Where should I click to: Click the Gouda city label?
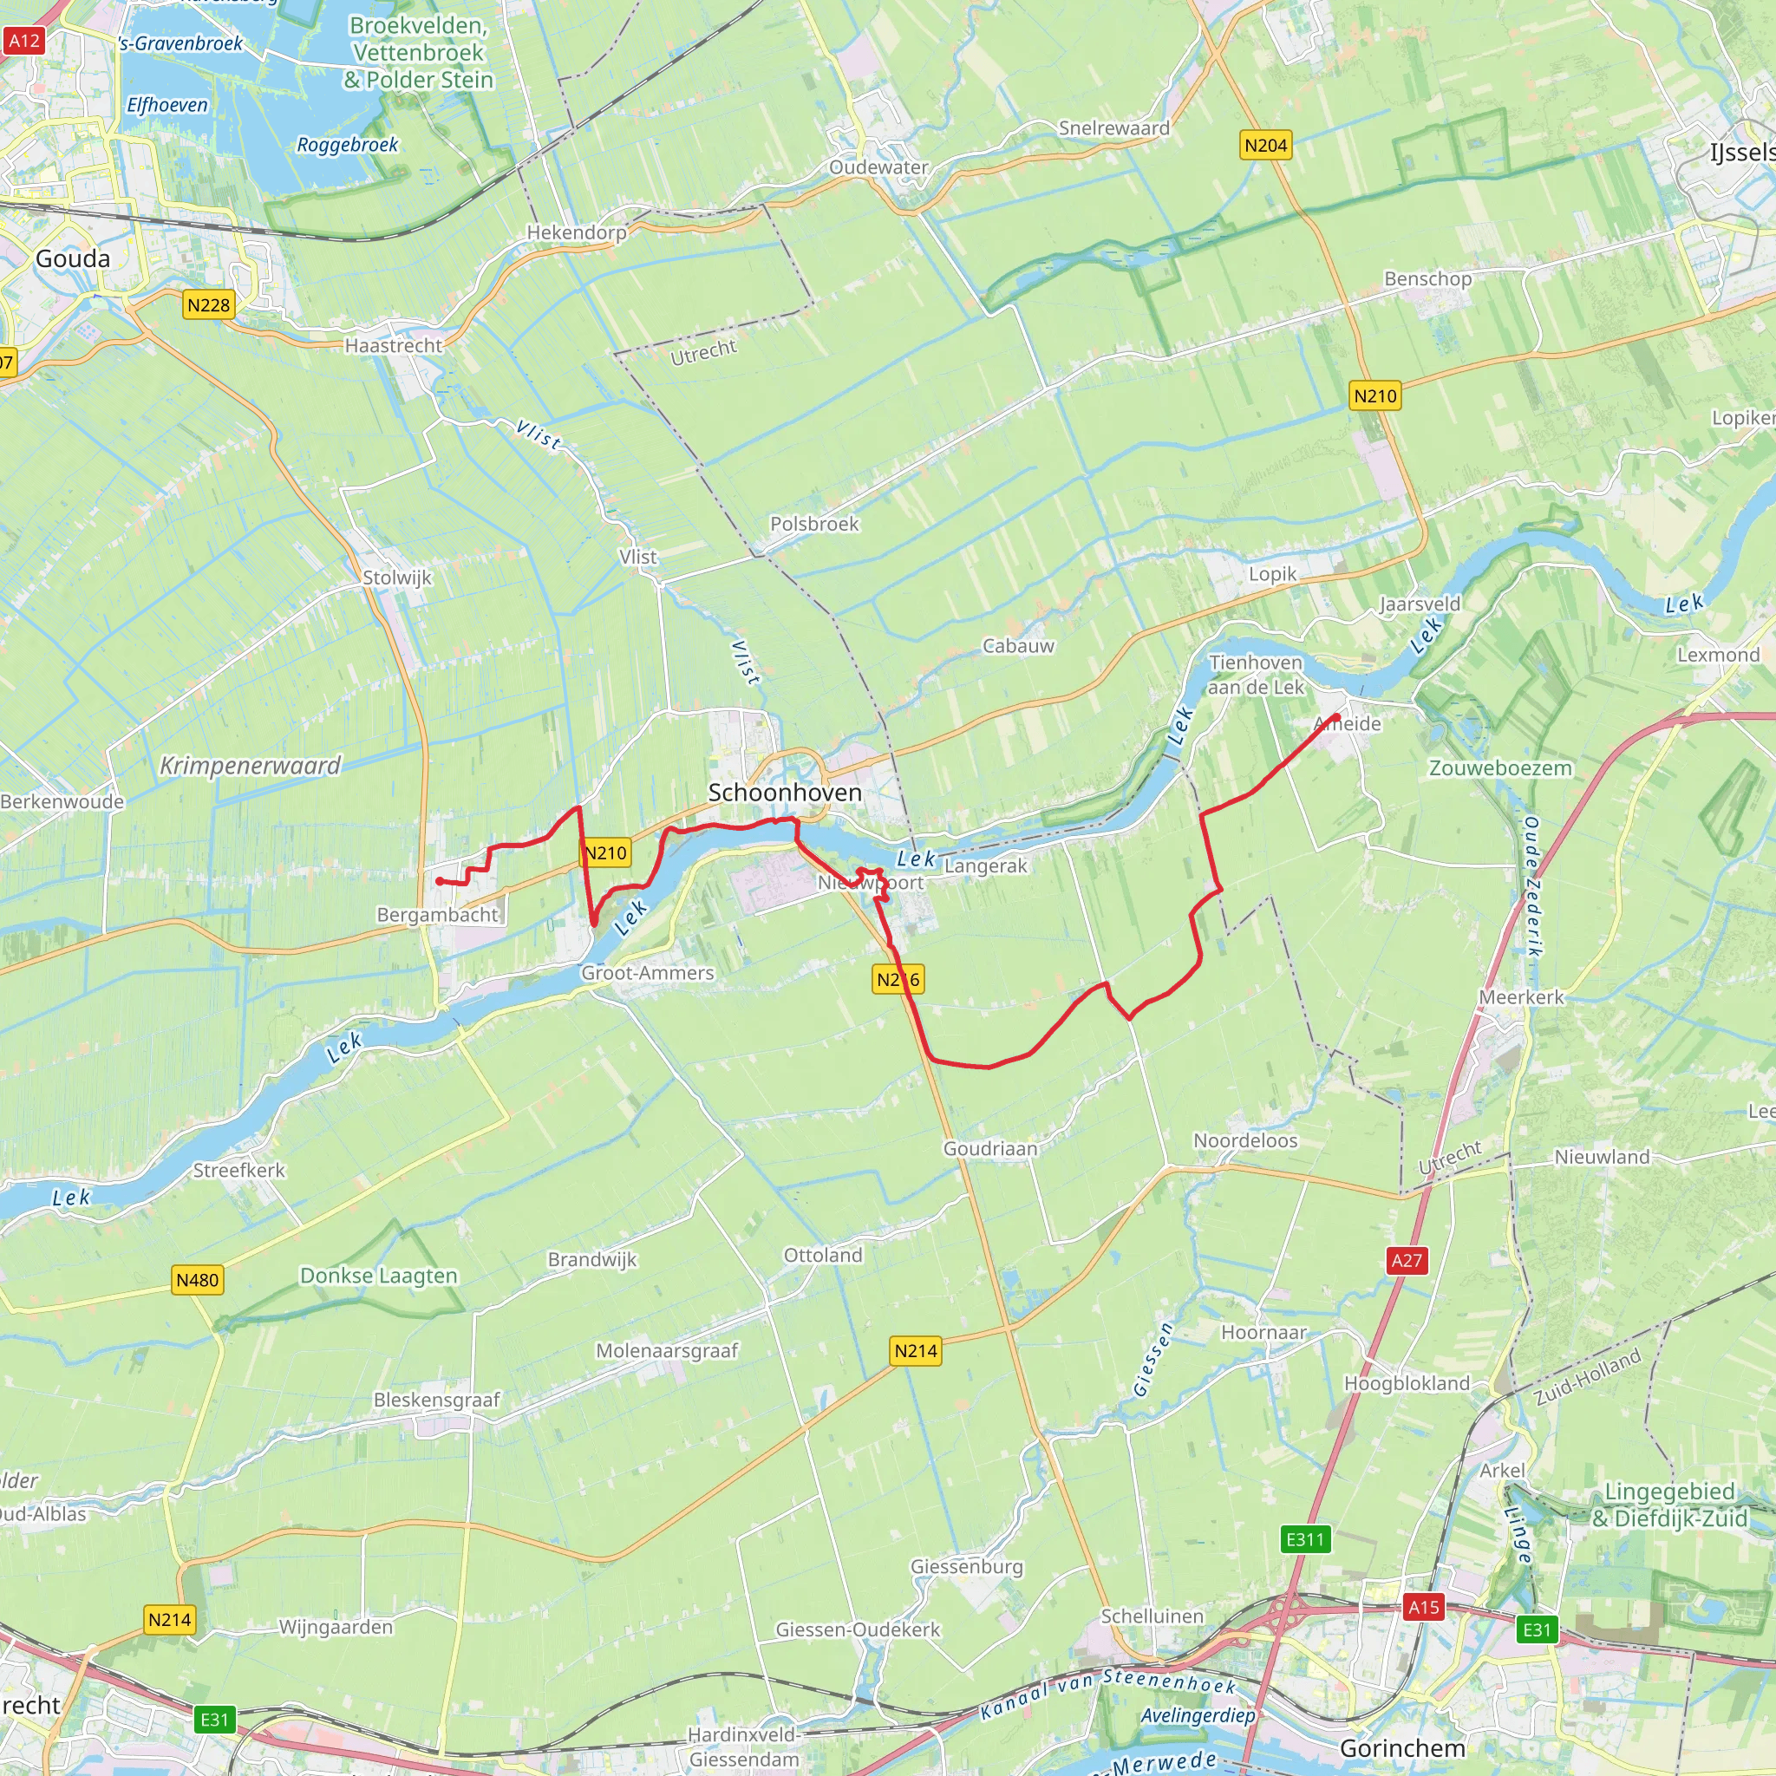[x=73, y=259]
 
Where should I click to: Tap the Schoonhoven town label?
[x=784, y=793]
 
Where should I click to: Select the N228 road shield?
[x=209, y=305]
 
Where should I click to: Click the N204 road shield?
[x=1265, y=145]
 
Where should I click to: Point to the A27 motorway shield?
[x=1406, y=1260]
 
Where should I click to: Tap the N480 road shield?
[x=198, y=1280]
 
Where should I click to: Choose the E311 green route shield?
[x=1304, y=1539]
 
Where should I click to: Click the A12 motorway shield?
[x=24, y=41]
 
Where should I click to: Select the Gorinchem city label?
[x=1402, y=1747]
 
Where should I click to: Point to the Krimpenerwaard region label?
[x=250, y=766]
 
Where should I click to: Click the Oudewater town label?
[x=878, y=167]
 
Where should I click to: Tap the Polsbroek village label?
[x=813, y=524]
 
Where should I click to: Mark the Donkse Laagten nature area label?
[x=379, y=1276]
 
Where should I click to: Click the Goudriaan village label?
[x=990, y=1148]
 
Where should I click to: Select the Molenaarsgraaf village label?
[x=667, y=1350]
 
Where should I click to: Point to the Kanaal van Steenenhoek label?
[x=1107, y=1693]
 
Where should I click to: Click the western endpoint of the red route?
[x=440, y=881]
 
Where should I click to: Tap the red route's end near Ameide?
[x=1336, y=716]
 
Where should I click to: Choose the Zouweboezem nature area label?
[x=1499, y=768]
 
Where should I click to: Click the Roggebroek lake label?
[x=348, y=145]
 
